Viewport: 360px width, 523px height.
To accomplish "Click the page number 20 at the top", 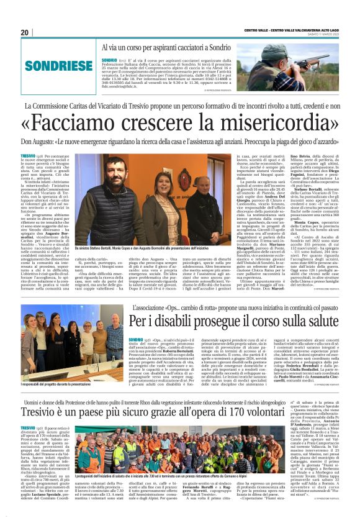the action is coord(25,32).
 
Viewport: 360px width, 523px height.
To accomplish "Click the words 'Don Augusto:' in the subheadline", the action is coord(44,142).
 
